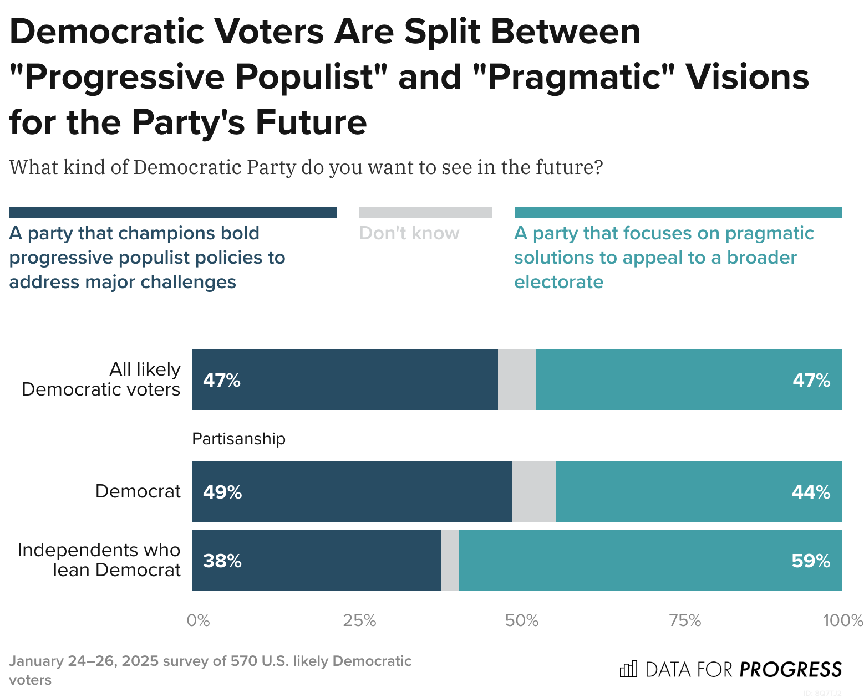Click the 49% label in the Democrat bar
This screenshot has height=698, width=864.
222,492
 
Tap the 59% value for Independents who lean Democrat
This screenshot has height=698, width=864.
811,561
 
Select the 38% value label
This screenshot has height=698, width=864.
222,561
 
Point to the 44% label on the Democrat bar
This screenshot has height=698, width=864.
811,492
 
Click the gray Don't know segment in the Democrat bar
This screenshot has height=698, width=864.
533,491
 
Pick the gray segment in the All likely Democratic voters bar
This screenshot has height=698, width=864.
516,379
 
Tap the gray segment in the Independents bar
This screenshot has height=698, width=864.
450,560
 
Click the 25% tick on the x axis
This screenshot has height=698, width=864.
359,620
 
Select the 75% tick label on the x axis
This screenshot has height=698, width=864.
685,620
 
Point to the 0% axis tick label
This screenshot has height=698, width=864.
198,620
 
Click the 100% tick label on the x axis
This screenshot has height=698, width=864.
842,620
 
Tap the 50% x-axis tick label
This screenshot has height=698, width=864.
522,620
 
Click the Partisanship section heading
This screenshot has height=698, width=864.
238,439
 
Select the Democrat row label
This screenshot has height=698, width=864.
138,491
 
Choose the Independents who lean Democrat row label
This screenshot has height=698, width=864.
99,560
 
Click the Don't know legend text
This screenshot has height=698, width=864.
409,233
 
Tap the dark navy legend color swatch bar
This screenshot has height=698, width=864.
173,213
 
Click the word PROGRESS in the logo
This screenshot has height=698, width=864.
791,670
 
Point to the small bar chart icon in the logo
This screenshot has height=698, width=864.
628,669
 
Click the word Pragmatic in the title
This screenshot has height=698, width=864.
576,76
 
